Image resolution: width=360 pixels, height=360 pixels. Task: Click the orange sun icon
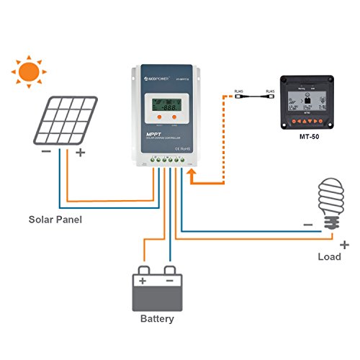(29, 72)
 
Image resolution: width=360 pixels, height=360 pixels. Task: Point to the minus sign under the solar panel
(45, 152)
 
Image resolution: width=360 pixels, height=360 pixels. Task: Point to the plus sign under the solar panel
(80, 152)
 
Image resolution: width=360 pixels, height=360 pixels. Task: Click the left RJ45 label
(238, 91)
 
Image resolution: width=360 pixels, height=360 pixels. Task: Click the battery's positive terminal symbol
(143, 279)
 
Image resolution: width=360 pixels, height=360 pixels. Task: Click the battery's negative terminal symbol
(170, 279)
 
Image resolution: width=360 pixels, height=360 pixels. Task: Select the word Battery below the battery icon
(156, 318)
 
